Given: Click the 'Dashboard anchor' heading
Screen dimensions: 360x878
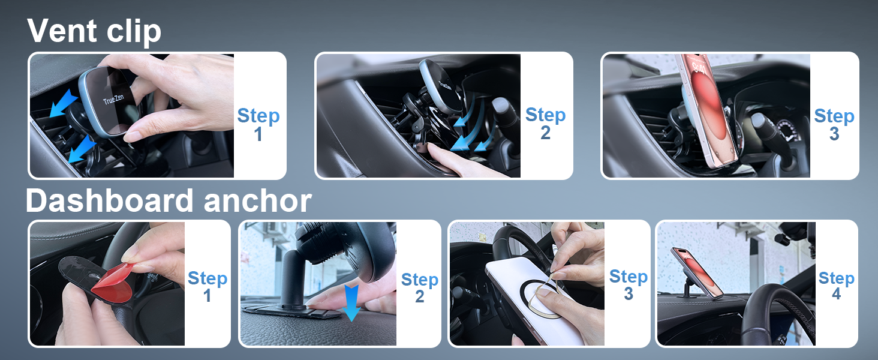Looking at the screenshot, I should click(x=168, y=201).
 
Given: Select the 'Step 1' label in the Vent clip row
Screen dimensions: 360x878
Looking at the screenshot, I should click(x=258, y=125).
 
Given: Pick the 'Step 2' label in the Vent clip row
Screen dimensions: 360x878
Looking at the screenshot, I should click(x=545, y=124).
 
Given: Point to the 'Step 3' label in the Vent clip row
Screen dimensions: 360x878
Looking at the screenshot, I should click(x=834, y=125).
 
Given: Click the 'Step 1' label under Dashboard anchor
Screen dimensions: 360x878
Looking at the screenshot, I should click(x=207, y=287).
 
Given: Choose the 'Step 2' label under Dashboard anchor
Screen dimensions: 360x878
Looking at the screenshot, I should click(x=419, y=288).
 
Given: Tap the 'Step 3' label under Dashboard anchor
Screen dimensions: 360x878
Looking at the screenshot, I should click(x=628, y=285).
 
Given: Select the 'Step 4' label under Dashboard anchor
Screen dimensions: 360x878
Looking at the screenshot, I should click(x=836, y=286).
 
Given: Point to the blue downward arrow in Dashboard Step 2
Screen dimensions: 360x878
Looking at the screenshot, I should click(x=351, y=302).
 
